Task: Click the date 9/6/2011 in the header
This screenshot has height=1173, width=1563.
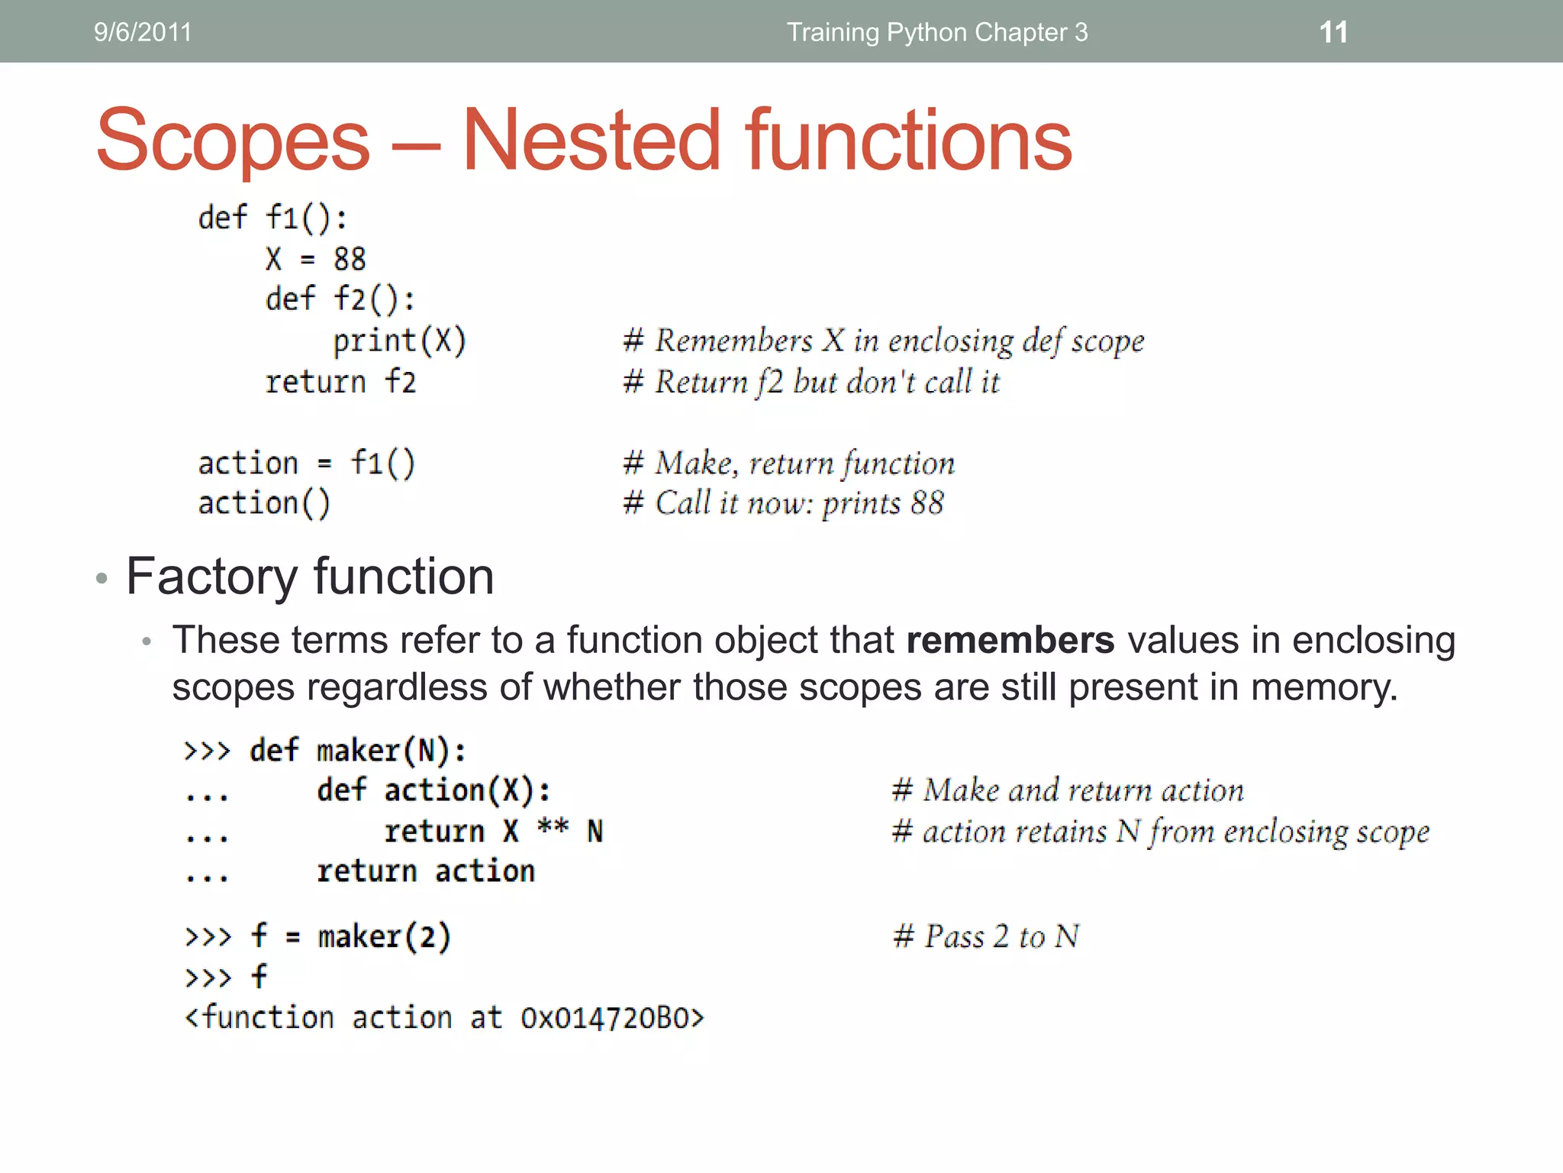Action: click(143, 32)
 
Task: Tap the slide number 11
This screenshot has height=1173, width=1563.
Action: click(1333, 32)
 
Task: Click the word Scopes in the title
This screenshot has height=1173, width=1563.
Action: click(233, 141)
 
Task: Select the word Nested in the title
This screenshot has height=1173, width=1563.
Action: click(591, 141)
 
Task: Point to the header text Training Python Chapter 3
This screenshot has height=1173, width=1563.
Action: click(937, 32)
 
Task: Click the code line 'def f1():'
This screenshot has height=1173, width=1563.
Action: click(272, 218)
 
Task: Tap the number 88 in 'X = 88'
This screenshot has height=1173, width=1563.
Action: click(350, 260)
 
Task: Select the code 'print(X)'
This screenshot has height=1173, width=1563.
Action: click(399, 341)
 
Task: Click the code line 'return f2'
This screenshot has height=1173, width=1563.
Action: click(340, 382)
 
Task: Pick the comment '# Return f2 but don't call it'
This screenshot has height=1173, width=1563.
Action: click(811, 382)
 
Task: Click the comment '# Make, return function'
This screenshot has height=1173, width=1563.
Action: click(788, 463)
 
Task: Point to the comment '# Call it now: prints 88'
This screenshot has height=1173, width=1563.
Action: click(783, 503)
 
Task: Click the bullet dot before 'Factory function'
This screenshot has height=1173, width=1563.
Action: click(102, 578)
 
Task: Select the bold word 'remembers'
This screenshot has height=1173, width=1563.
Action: click(1010, 640)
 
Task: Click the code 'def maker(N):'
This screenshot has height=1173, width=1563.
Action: click(357, 751)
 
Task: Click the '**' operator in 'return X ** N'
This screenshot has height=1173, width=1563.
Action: click(553, 828)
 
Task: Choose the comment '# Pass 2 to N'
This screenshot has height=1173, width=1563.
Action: click(986, 936)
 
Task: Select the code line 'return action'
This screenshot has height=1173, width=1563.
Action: click(426, 871)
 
